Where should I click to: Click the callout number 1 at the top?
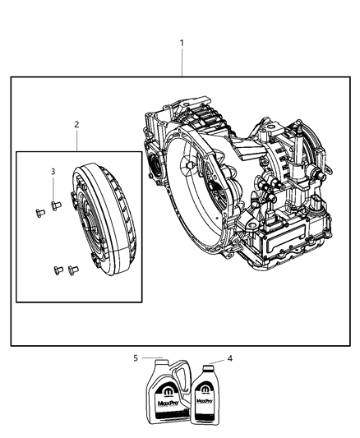tap(182, 42)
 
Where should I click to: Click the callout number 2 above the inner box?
tap(76, 124)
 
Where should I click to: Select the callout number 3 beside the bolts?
tap(53, 171)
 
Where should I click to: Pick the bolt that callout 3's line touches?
tap(56, 205)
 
